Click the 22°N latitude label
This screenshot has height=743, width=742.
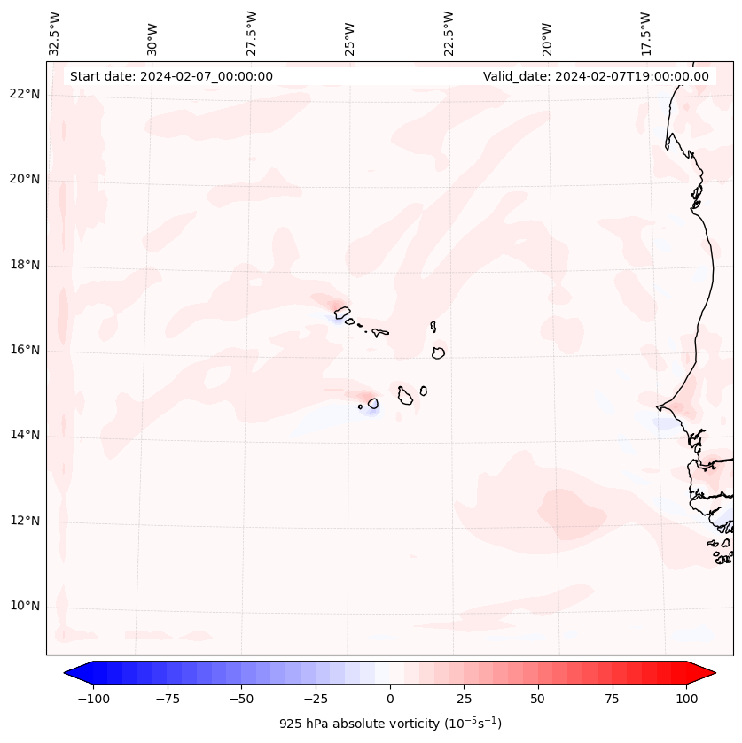[x=25, y=95]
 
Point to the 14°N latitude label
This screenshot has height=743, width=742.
[x=25, y=435]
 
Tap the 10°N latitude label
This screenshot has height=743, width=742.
[x=25, y=606]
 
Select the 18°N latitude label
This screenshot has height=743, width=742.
[x=25, y=265]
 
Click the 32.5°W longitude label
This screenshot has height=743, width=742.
[x=55, y=33]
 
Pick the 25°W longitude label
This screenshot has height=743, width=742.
[x=350, y=35]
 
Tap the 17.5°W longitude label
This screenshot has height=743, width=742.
[x=645, y=33]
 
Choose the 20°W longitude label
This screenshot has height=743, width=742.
[x=547, y=35]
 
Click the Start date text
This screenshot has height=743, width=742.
[x=171, y=76]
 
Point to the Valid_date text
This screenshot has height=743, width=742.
[x=596, y=76]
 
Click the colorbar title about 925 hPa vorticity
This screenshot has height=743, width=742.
[x=390, y=724]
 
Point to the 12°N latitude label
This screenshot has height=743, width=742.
[x=25, y=521]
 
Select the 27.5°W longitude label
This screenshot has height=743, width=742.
[x=252, y=33]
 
